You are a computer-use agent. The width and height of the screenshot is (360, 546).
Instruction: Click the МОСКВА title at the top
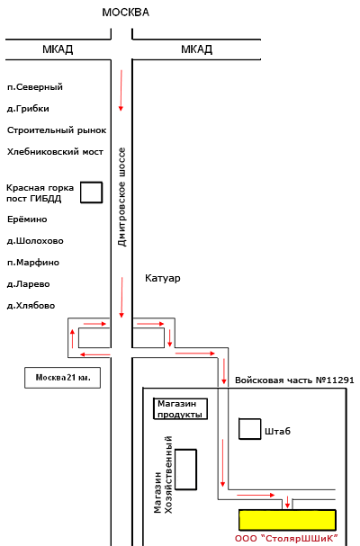coord(125,13)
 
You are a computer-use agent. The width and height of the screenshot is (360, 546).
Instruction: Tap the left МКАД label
coord(58,49)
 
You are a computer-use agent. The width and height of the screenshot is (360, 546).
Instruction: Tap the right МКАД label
coord(196,49)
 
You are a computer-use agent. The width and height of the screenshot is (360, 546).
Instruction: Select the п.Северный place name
coord(35,87)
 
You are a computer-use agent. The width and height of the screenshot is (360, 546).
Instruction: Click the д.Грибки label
coord(28,109)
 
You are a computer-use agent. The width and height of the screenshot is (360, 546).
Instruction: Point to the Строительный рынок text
coord(57,130)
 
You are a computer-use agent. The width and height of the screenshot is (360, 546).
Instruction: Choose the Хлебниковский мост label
coord(55,152)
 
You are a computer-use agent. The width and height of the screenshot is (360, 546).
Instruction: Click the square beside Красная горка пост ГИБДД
coord(91,192)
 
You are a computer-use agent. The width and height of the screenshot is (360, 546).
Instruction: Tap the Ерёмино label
coord(27,219)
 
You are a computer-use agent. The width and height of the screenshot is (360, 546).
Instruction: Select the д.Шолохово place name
coord(35,241)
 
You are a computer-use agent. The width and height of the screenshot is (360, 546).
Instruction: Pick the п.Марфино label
coord(33,263)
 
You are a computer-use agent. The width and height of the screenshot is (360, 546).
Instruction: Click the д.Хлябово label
coord(31,306)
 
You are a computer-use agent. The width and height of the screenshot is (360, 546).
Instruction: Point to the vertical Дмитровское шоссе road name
coord(121,197)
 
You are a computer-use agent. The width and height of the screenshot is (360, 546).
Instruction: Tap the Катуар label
coord(163,278)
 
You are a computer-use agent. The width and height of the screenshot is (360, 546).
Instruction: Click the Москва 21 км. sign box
coord(63,378)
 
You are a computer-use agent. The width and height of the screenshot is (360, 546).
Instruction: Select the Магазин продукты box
coord(181,408)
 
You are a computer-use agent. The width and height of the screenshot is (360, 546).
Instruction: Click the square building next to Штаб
coord(250,429)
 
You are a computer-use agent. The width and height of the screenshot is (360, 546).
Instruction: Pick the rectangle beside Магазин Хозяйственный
coord(185,470)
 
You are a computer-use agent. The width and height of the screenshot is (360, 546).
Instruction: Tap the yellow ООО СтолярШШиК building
coord(287,520)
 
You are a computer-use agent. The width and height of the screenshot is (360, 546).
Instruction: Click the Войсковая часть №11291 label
coord(294,380)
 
